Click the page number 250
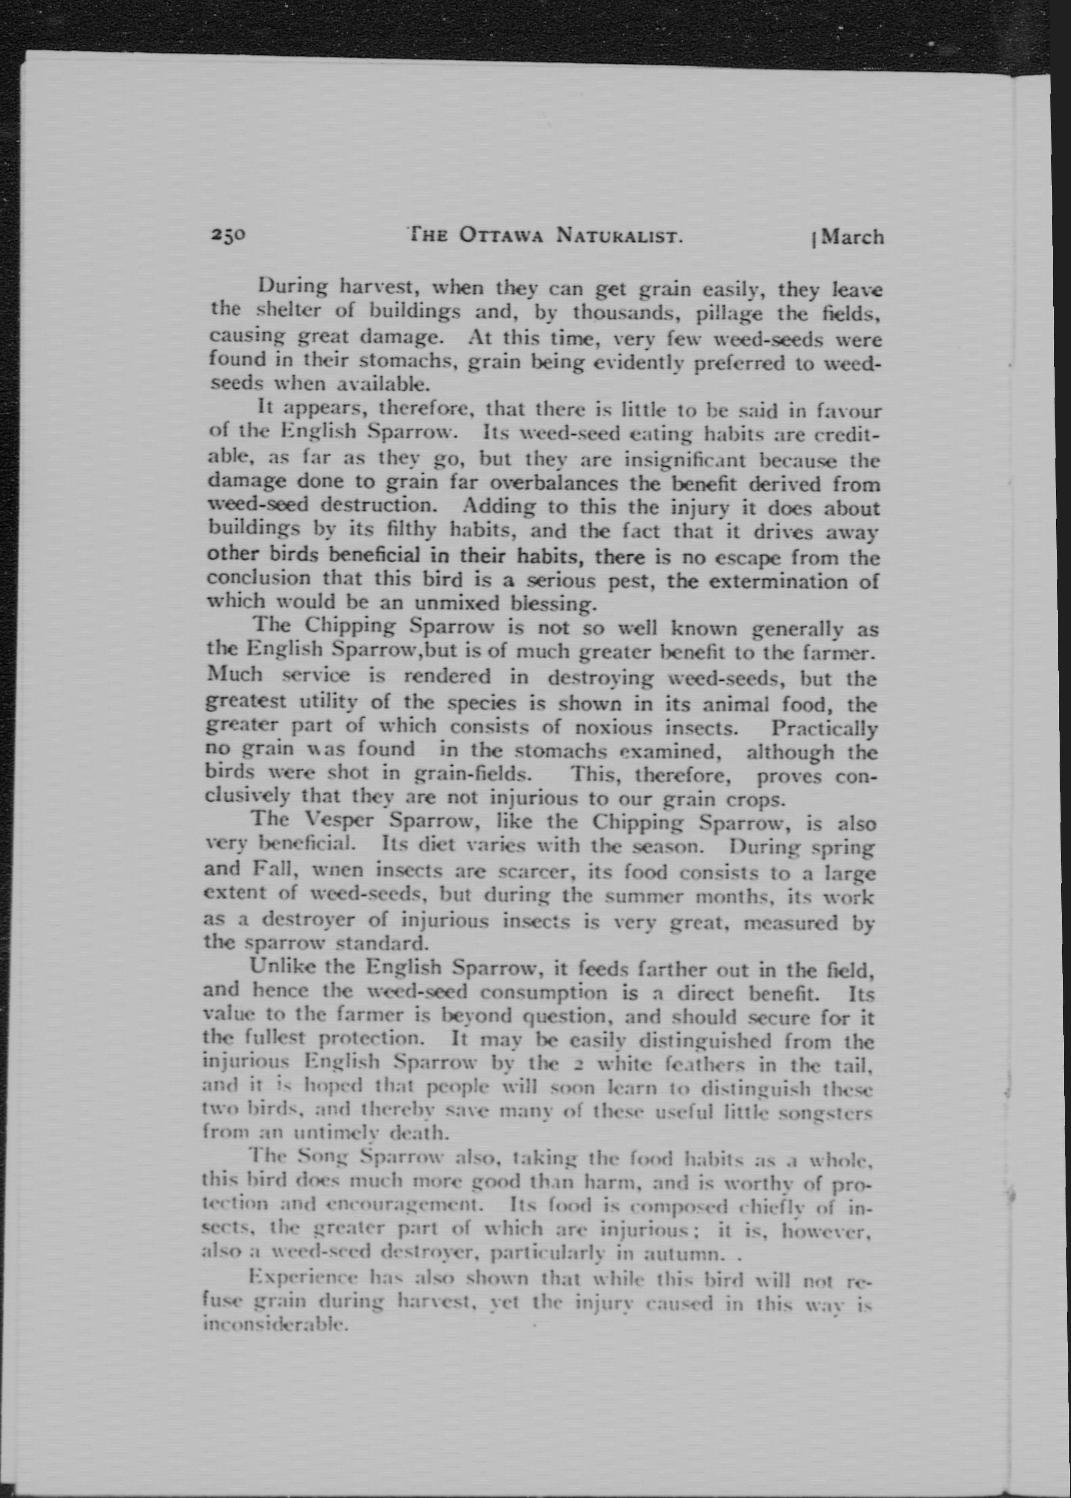coord(228,235)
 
